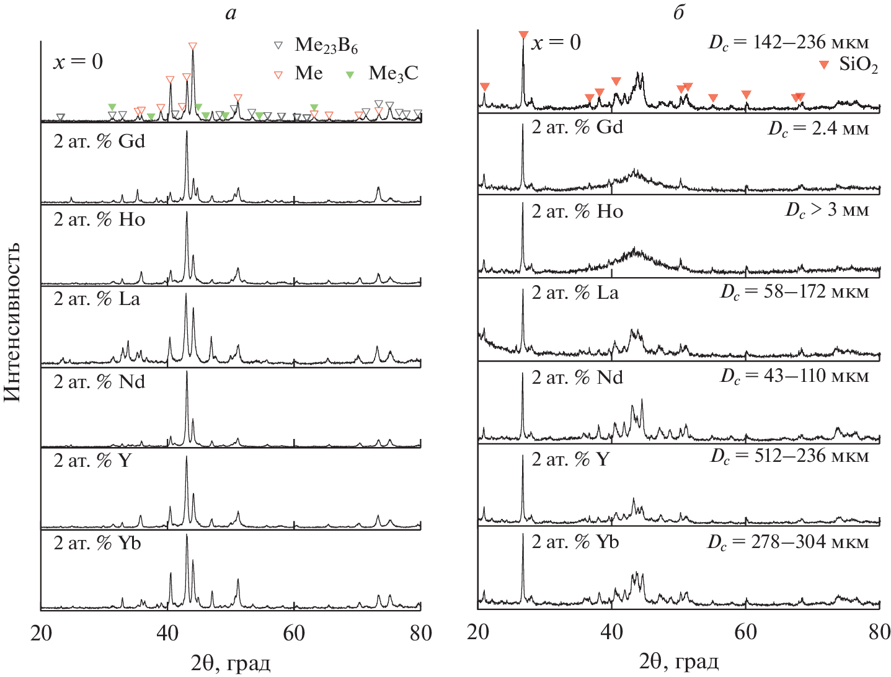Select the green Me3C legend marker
coord(350,74)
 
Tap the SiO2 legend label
coord(858,64)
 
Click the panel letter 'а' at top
coord(231,13)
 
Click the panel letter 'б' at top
coord(679,13)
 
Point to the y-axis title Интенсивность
coord(12,322)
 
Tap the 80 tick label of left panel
coord(421,633)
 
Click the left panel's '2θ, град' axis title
coord(231,663)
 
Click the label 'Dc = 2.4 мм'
coord(818,129)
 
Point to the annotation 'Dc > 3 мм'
coord(827,210)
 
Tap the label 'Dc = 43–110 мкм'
coord(794,376)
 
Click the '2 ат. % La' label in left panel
coord(97,299)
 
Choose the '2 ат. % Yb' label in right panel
coord(575,542)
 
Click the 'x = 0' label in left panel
coord(78,62)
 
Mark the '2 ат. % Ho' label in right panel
coord(577,211)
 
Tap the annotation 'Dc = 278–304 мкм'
coord(788,542)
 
